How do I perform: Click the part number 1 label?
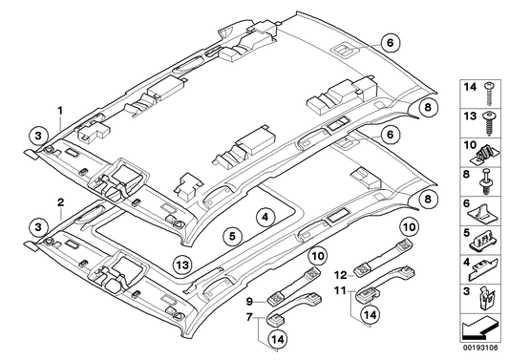coord(60,111)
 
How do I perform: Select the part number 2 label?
coord(60,203)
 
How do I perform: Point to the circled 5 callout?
coord(231,235)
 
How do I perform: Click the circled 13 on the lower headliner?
coord(182,264)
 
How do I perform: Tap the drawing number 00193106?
coord(478,350)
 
